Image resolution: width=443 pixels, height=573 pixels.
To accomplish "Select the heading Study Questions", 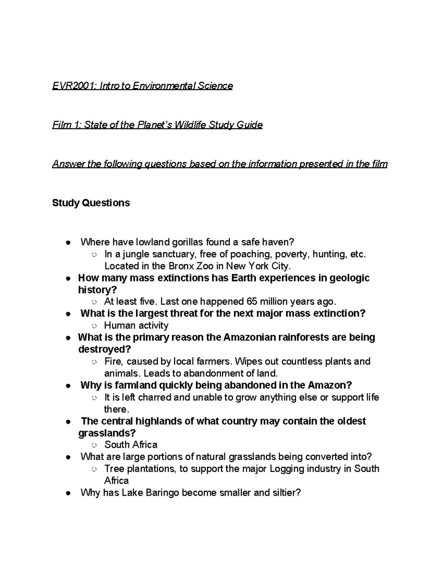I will tap(91, 203).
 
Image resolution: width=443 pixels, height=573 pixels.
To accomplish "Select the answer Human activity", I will tap(136, 325).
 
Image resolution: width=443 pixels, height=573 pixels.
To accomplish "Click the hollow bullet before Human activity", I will tap(94, 326).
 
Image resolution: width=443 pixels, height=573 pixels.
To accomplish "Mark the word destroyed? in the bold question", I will tap(105, 349).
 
